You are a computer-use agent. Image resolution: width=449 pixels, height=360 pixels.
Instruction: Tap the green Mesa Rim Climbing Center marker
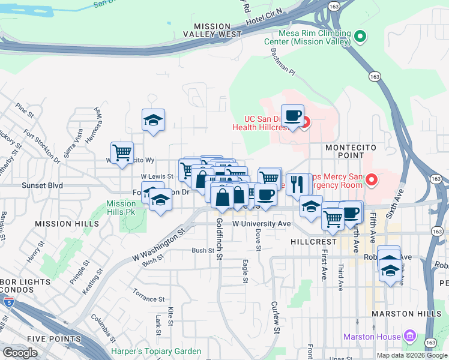(x=360, y=37)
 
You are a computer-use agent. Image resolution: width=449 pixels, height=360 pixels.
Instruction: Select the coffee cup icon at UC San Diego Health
(x=292, y=115)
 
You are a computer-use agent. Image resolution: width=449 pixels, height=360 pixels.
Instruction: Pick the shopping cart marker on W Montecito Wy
(x=122, y=152)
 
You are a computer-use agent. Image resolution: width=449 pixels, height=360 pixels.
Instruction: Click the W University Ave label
(x=261, y=223)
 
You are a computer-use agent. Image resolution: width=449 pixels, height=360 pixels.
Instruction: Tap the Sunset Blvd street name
(x=43, y=186)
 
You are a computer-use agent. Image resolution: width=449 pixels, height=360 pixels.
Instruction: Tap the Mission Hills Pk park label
(x=121, y=208)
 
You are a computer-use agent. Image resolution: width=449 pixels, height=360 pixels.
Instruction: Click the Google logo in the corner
(x=20, y=353)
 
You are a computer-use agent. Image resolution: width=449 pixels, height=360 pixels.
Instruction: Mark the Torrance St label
(x=149, y=299)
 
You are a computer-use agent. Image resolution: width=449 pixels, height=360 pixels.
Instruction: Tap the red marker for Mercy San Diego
(x=371, y=179)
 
